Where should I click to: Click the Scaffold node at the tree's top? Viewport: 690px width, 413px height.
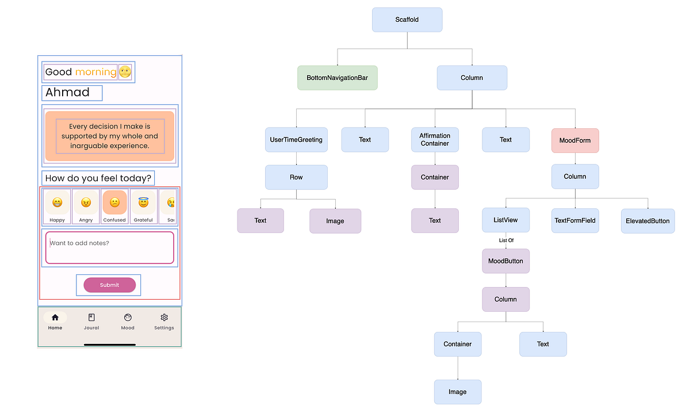pyautogui.click(x=407, y=20)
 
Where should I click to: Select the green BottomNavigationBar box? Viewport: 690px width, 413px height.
pyautogui.click(x=338, y=78)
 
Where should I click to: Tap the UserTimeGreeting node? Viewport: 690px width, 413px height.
pyautogui.click(x=296, y=140)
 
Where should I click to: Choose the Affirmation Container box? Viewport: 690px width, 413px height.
pyautogui.click(x=435, y=140)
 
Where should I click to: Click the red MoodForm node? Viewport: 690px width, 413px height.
pyautogui.click(x=575, y=140)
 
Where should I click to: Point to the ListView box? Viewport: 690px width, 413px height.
pyautogui.click(x=505, y=220)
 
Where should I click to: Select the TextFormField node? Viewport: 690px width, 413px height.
pyautogui.click(x=575, y=220)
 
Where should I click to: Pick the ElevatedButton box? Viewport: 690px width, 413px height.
pyautogui.click(x=647, y=221)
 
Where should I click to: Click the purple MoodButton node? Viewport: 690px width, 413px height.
pyautogui.click(x=505, y=261)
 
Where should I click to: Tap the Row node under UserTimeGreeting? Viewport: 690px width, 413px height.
pyautogui.click(x=296, y=177)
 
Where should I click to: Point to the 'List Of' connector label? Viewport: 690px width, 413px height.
pyautogui.click(x=506, y=240)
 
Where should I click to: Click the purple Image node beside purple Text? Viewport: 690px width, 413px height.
pyautogui.click(x=335, y=221)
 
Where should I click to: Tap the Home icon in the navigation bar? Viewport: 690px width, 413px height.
pyautogui.click(x=55, y=318)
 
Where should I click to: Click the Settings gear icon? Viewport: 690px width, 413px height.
pyautogui.click(x=164, y=318)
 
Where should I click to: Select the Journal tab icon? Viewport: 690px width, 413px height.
pyautogui.click(x=91, y=318)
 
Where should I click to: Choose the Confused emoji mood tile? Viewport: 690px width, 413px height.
pyautogui.click(x=114, y=202)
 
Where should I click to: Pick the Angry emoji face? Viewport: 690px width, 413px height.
pyautogui.click(x=86, y=202)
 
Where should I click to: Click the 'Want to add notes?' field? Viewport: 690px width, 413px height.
pyautogui.click(x=109, y=248)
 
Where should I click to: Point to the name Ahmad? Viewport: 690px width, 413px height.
pyautogui.click(x=68, y=93)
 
